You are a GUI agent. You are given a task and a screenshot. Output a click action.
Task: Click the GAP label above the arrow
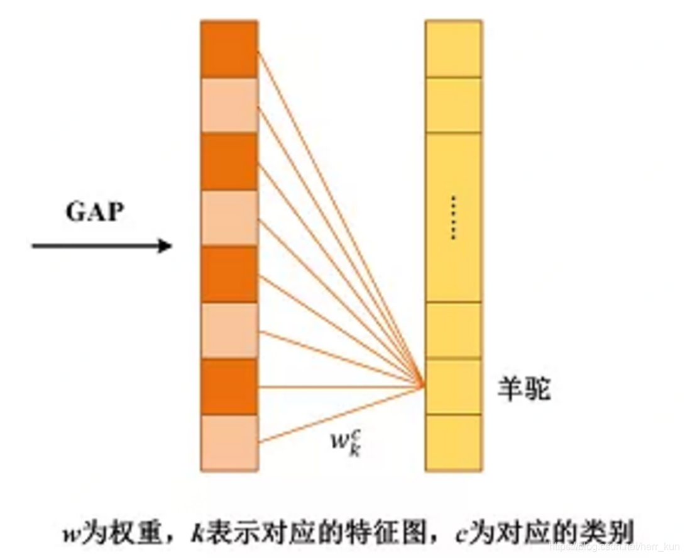(x=94, y=212)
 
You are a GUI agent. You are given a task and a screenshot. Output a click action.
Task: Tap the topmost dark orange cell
(x=229, y=49)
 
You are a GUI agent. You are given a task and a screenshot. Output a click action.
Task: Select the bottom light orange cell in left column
(x=229, y=443)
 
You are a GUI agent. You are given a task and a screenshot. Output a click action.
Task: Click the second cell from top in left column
(x=229, y=105)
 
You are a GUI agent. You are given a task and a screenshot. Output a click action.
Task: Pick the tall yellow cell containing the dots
(x=453, y=217)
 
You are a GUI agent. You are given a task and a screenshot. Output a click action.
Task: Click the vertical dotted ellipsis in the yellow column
(x=453, y=218)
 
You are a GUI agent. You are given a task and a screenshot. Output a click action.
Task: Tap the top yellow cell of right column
(x=453, y=49)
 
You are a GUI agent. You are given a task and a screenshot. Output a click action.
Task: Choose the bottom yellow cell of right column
(x=453, y=443)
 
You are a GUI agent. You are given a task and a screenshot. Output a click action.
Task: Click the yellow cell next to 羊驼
(x=453, y=386)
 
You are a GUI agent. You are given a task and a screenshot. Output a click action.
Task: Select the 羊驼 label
(x=524, y=390)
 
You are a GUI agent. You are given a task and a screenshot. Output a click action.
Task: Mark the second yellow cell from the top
(x=453, y=105)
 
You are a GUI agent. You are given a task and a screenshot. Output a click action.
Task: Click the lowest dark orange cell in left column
(x=229, y=386)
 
